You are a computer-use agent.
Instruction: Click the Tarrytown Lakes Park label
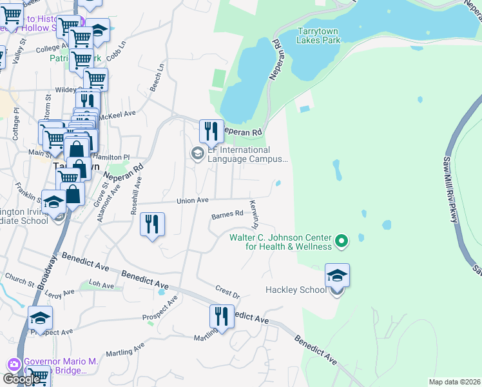tap(318, 35)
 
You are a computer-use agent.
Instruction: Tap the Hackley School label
tap(296, 290)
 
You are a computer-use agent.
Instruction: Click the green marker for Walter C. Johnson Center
tap(342, 242)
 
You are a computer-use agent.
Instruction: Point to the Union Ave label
tap(193, 201)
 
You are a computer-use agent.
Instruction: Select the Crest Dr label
tap(227, 292)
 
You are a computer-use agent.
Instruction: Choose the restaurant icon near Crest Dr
tap(221, 317)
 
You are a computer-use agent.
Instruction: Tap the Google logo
tap(21, 379)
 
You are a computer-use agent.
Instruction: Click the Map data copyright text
tap(455, 382)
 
